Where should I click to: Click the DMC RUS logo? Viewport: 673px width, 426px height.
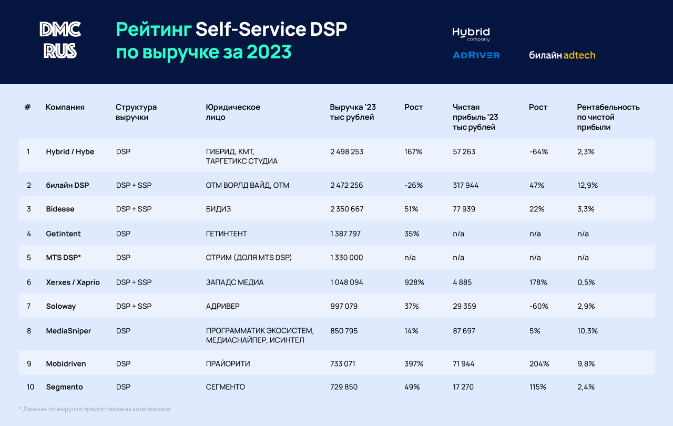coord(60,40)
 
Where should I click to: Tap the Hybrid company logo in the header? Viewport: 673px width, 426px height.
coord(471,34)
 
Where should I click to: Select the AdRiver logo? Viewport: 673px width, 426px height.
coord(476,55)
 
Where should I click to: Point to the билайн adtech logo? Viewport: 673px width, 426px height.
coord(562,55)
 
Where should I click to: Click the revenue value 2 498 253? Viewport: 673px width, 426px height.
coord(346,152)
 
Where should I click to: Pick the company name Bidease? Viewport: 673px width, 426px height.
coord(60,209)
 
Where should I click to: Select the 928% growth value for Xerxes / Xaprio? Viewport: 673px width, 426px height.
coord(414,282)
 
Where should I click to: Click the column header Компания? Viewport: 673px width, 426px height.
coord(65,107)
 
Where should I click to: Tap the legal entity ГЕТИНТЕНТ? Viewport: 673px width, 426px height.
coord(227,234)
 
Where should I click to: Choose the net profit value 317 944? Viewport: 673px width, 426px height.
coord(466,186)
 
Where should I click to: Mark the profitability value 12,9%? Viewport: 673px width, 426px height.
coord(587,186)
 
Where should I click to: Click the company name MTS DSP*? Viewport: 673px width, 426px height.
coord(64,258)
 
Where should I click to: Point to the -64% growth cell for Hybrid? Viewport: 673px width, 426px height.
coord(538,152)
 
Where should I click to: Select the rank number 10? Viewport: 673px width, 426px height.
coord(30,387)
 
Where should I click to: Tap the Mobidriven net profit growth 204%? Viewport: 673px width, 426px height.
coord(539,364)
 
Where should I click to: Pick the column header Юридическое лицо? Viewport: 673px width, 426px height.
coord(233,112)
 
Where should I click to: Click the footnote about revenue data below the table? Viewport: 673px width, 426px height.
coord(95,409)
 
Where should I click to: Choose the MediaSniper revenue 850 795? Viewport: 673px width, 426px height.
coord(344,331)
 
